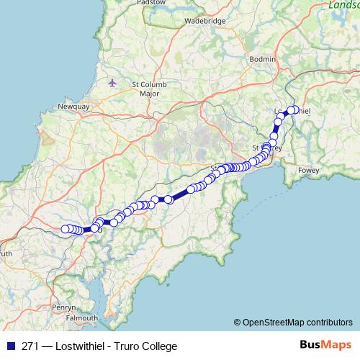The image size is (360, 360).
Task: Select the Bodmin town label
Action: point(261,58)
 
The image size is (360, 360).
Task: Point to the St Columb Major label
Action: point(149,89)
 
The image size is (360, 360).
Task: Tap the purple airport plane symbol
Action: point(111,83)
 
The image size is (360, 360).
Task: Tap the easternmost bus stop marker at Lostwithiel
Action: point(294,110)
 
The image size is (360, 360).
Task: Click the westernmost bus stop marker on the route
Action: point(65,229)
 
